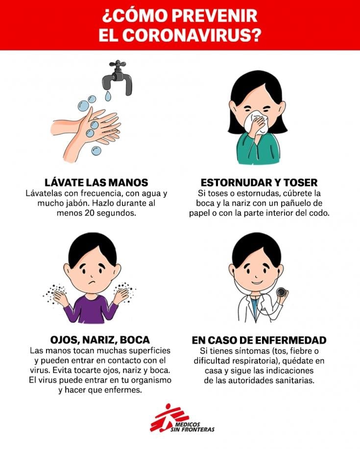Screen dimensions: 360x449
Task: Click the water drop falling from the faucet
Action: pyautogui.click(x=108, y=96)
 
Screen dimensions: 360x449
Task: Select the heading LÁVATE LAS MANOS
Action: pyautogui.click(x=96, y=183)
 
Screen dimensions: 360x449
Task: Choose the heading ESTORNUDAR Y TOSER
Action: pyautogui.click(x=259, y=183)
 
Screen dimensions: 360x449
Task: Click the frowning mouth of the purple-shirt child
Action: pyautogui.click(x=92, y=283)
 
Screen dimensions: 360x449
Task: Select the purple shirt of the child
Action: pyautogui.click(x=91, y=309)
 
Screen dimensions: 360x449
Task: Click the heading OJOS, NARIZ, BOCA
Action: pyautogui.click(x=100, y=340)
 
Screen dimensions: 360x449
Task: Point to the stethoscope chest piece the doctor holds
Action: pyautogui.click(x=281, y=292)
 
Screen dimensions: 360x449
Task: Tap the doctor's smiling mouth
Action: pyautogui.click(x=257, y=282)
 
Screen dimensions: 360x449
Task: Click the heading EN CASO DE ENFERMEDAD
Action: pyautogui.click(x=259, y=340)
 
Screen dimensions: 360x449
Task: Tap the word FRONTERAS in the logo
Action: pyautogui.click(x=198, y=429)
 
